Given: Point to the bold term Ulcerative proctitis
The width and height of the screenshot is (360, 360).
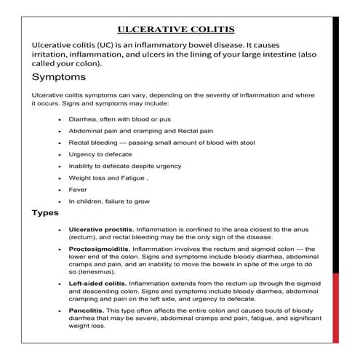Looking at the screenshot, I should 100,229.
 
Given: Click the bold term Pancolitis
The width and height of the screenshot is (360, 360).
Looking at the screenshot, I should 87,311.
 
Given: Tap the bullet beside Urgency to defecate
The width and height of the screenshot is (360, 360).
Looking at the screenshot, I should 59,154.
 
